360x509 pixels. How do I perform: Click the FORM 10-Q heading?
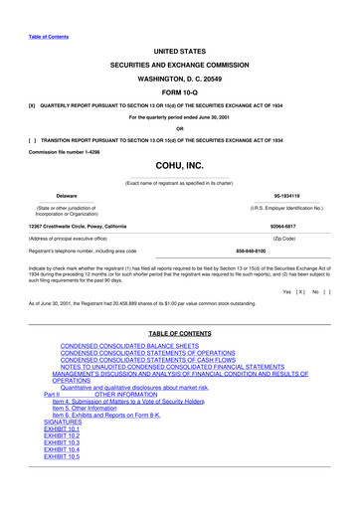[180, 88]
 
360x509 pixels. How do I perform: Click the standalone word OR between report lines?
[179, 127]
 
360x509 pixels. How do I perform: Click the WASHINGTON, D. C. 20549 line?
[180, 75]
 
